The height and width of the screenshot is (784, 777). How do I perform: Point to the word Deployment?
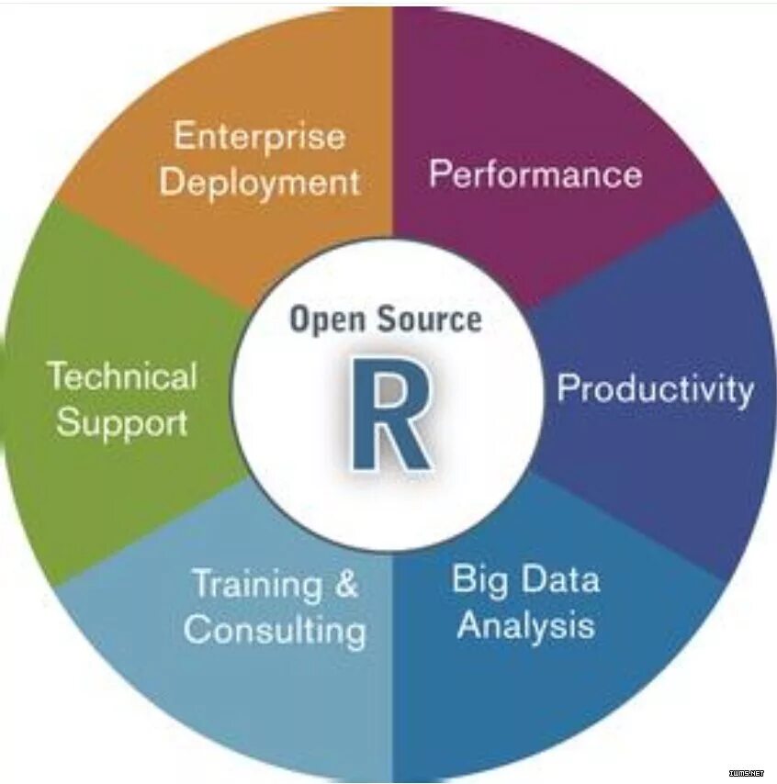tap(260, 181)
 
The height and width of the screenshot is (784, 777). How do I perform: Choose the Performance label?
tap(535, 174)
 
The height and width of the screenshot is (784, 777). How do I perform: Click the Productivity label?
tap(655, 389)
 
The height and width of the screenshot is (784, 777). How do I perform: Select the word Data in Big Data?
tap(561, 579)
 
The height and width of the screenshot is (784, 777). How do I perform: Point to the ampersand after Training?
tap(345, 584)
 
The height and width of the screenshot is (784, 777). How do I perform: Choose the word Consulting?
tap(276, 631)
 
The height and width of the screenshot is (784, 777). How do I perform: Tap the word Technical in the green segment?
tap(122, 376)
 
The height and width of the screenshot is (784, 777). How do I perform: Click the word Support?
tap(122, 422)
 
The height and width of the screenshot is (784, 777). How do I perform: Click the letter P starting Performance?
tap(440, 174)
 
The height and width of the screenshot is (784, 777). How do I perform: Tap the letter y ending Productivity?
tap(744, 393)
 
